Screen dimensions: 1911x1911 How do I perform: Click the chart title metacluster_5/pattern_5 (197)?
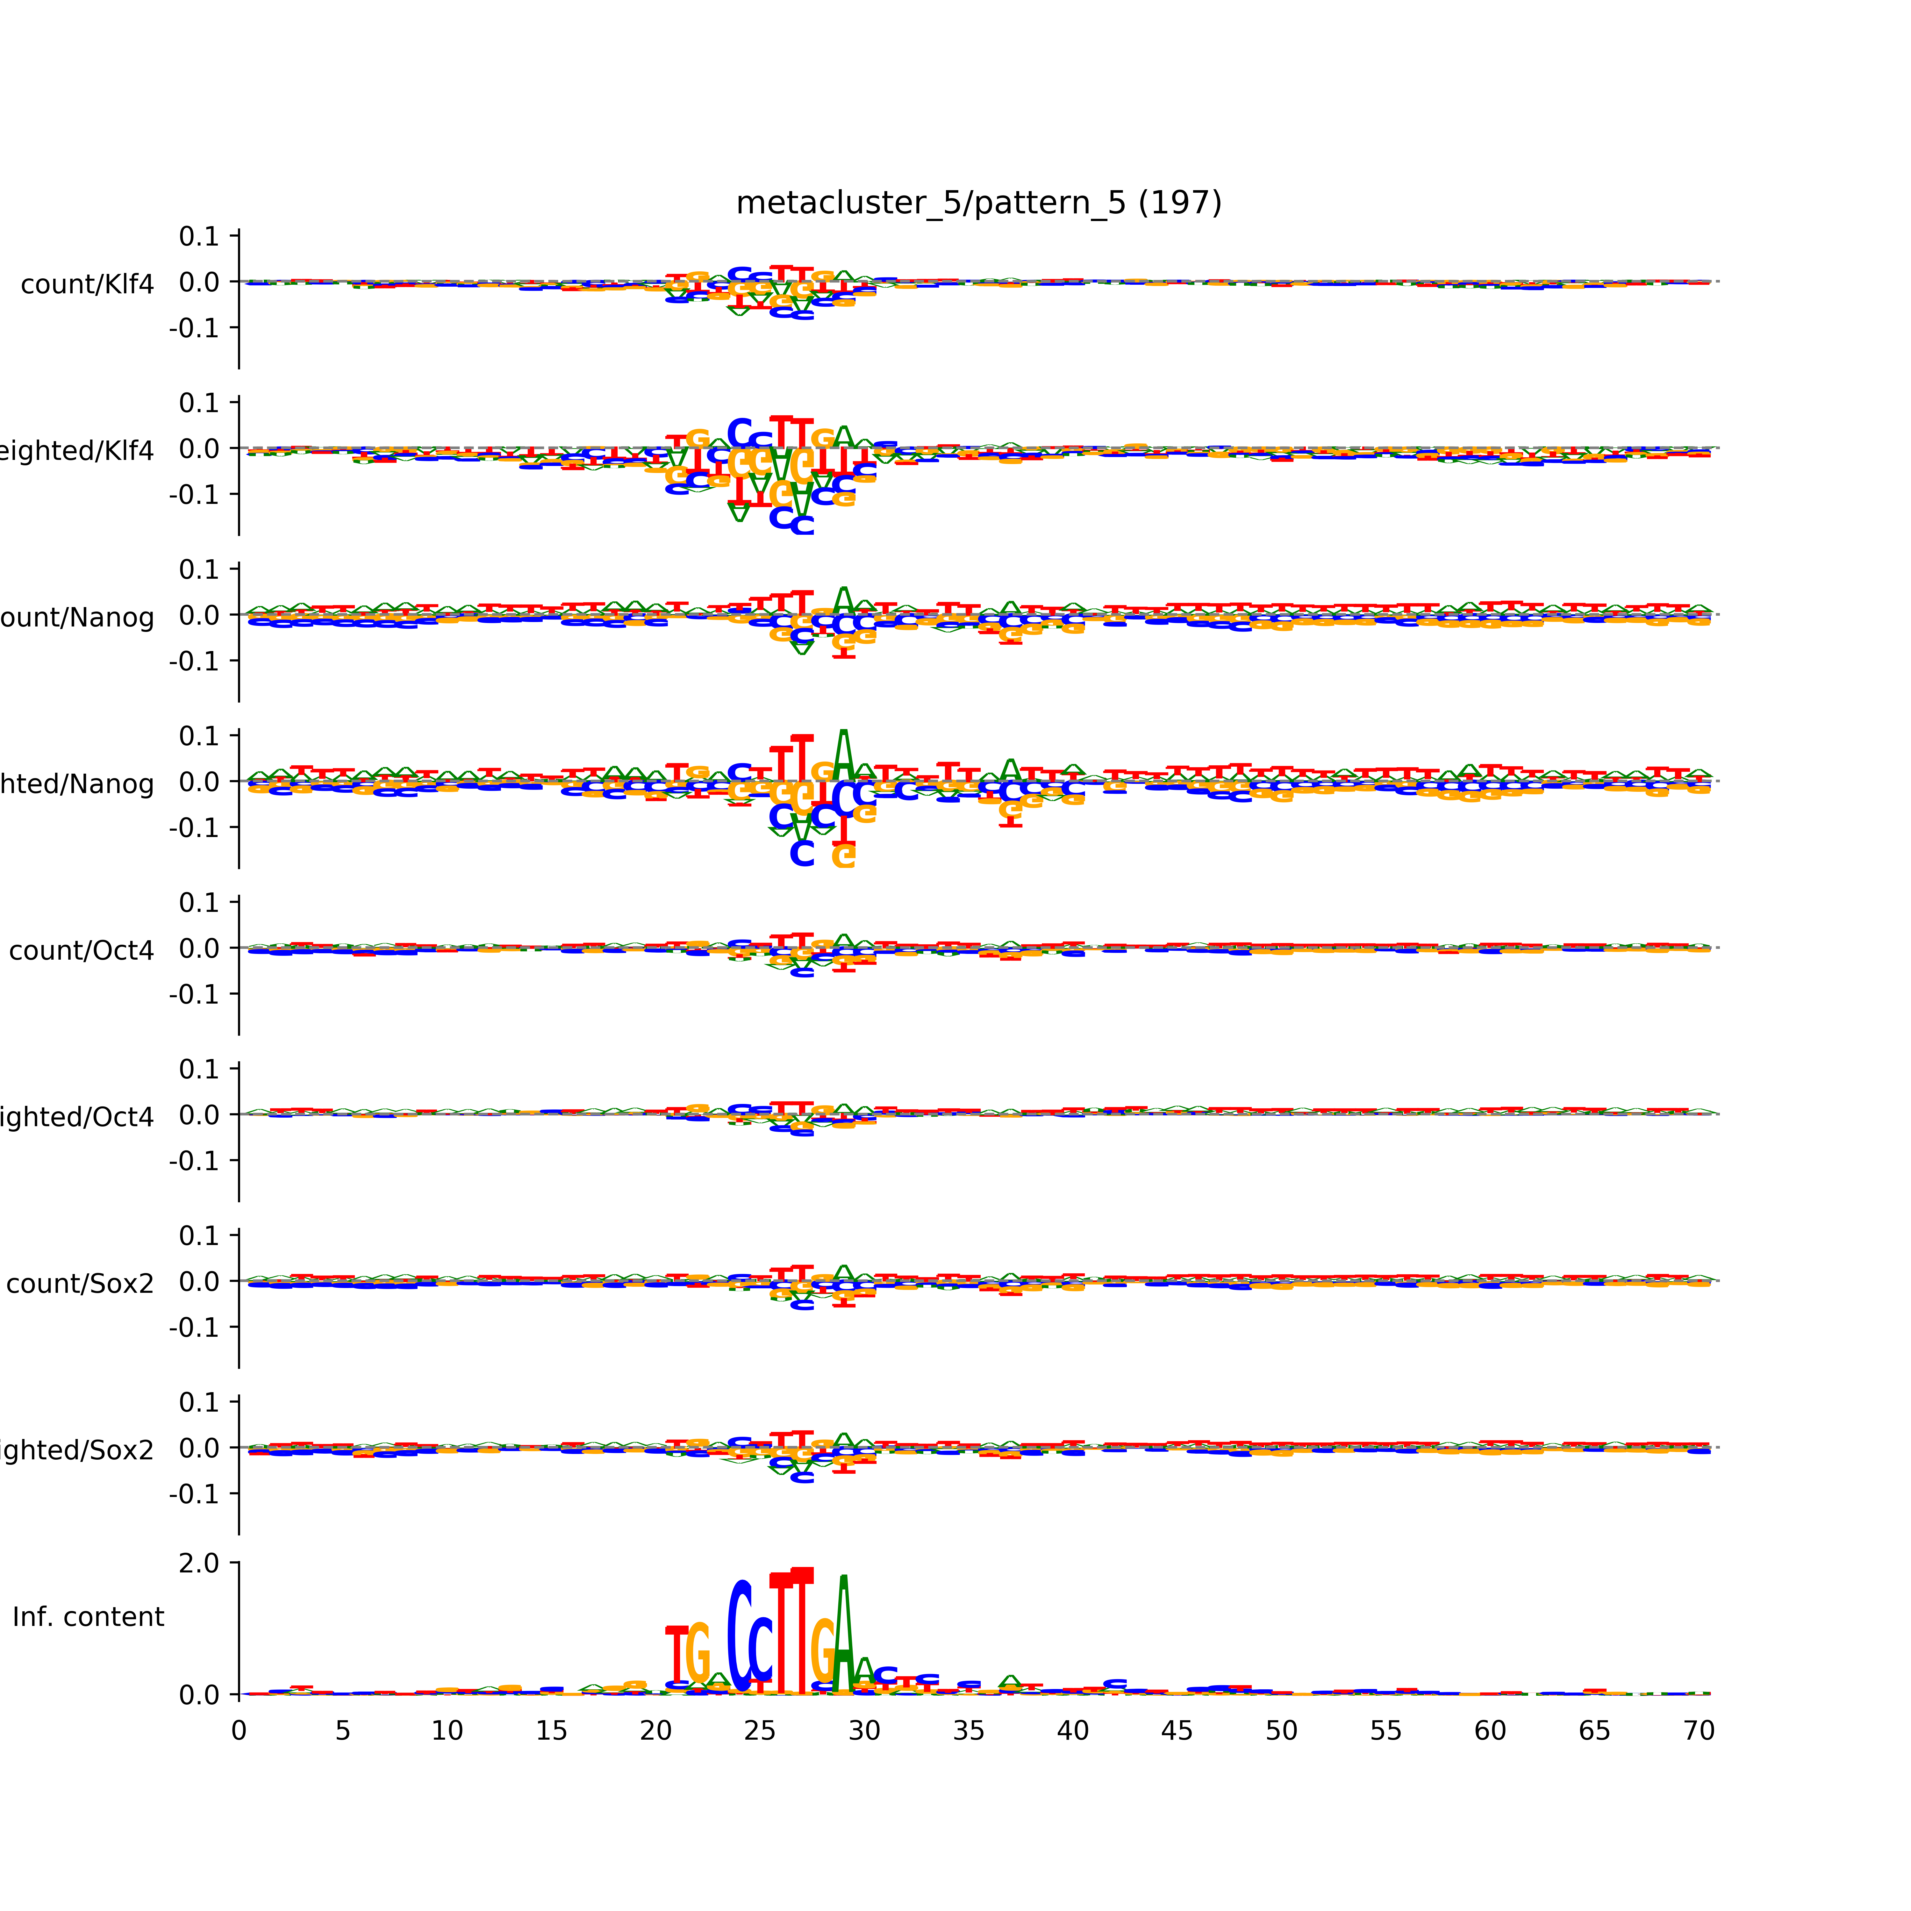coord(978,203)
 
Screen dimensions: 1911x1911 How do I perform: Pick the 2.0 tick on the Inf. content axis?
coord(199,1563)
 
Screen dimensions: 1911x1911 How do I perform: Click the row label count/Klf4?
coord(87,285)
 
